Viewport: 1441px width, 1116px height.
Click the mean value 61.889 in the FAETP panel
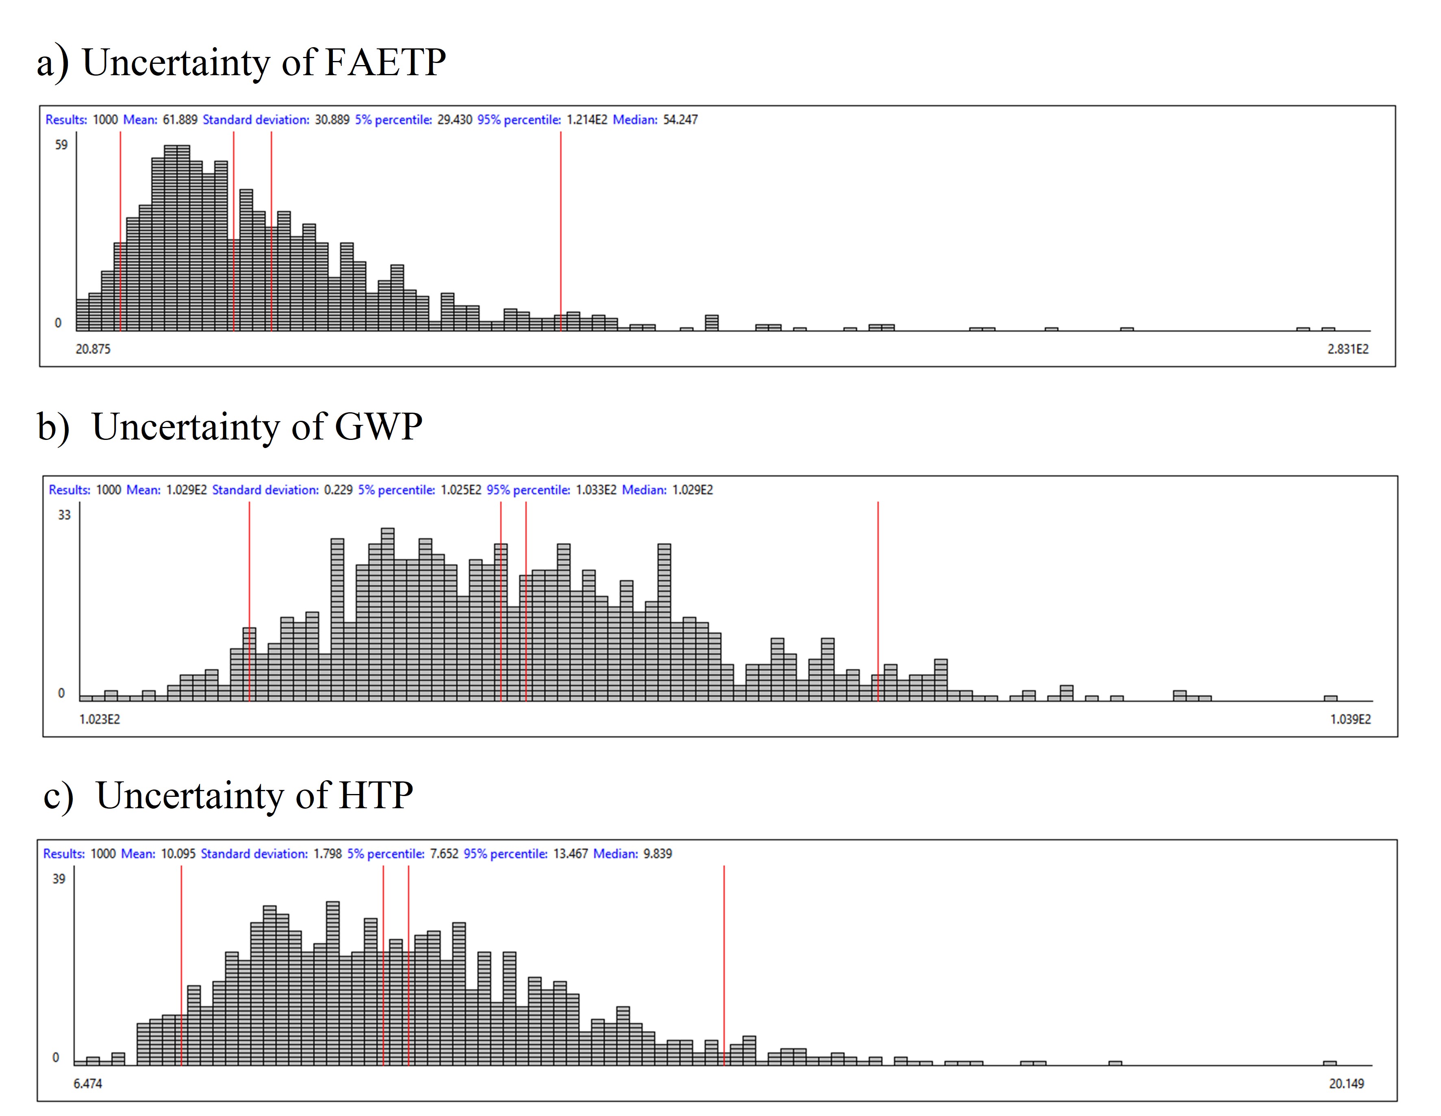pyautogui.click(x=180, y=120)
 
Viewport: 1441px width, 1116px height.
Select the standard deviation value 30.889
pyautogui.click(x=332, y=120)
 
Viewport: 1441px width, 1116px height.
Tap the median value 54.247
pyautogui.click(x=680, y=120)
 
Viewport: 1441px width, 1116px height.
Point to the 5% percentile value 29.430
pyautogui.click(x=455, y=120)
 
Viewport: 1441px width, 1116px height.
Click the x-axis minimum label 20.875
pyautogui.click(x=93, y=348)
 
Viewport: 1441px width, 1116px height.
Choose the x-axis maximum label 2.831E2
pyautogui.click(x=1348, y=348)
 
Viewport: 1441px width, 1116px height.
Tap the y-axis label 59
pyautogui.click(x=61, y=145)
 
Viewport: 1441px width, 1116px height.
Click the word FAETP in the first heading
pyautogui.click(x=385, y=63)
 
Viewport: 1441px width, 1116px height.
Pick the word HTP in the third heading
pyautogui.click(x=376, y=795)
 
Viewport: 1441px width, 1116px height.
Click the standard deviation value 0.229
pyautogui.click(x=339, y=489)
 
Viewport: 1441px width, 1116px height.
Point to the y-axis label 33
pyautogui.click(x=64, y=515)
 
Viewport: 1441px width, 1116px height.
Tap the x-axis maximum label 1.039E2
pyautogui.click(x=1350, y=719)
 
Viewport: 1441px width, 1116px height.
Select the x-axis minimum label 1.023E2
pyautogui.click(x=100, y=719)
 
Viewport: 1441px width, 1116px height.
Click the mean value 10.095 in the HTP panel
pyautogui.click(x=178, y=853)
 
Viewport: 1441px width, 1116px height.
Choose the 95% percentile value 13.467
pyautogui.click(x=570, y=853)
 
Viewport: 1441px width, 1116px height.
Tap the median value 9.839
pyautogui.click(x=658, y=853)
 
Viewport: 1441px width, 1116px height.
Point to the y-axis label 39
pyautogui.click(x=59, y=879)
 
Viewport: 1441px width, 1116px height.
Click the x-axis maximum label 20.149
pyautogui.click(x=1346, y=1083)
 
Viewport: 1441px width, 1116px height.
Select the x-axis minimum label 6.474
pyautogui.click(x=88, y=1083)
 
